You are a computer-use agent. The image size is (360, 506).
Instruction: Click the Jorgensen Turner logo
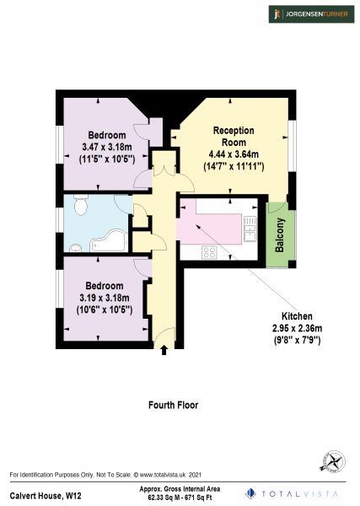pos(309,14)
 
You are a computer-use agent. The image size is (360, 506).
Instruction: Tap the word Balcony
pos(280,235)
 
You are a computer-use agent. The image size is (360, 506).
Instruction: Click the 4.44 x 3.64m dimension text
pos(234,154)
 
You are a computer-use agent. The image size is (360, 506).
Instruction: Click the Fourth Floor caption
pos(173,405)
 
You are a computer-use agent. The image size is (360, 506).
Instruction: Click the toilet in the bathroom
pos(81,205)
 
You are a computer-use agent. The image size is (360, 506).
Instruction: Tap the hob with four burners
pos(209,252)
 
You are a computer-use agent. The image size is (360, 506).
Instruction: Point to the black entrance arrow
pos(164,350)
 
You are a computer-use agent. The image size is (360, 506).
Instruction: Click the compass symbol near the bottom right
pos(332,462)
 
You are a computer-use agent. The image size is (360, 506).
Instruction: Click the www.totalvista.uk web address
pos(161,475)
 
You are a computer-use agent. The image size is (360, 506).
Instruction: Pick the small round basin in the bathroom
pos(75,248)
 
